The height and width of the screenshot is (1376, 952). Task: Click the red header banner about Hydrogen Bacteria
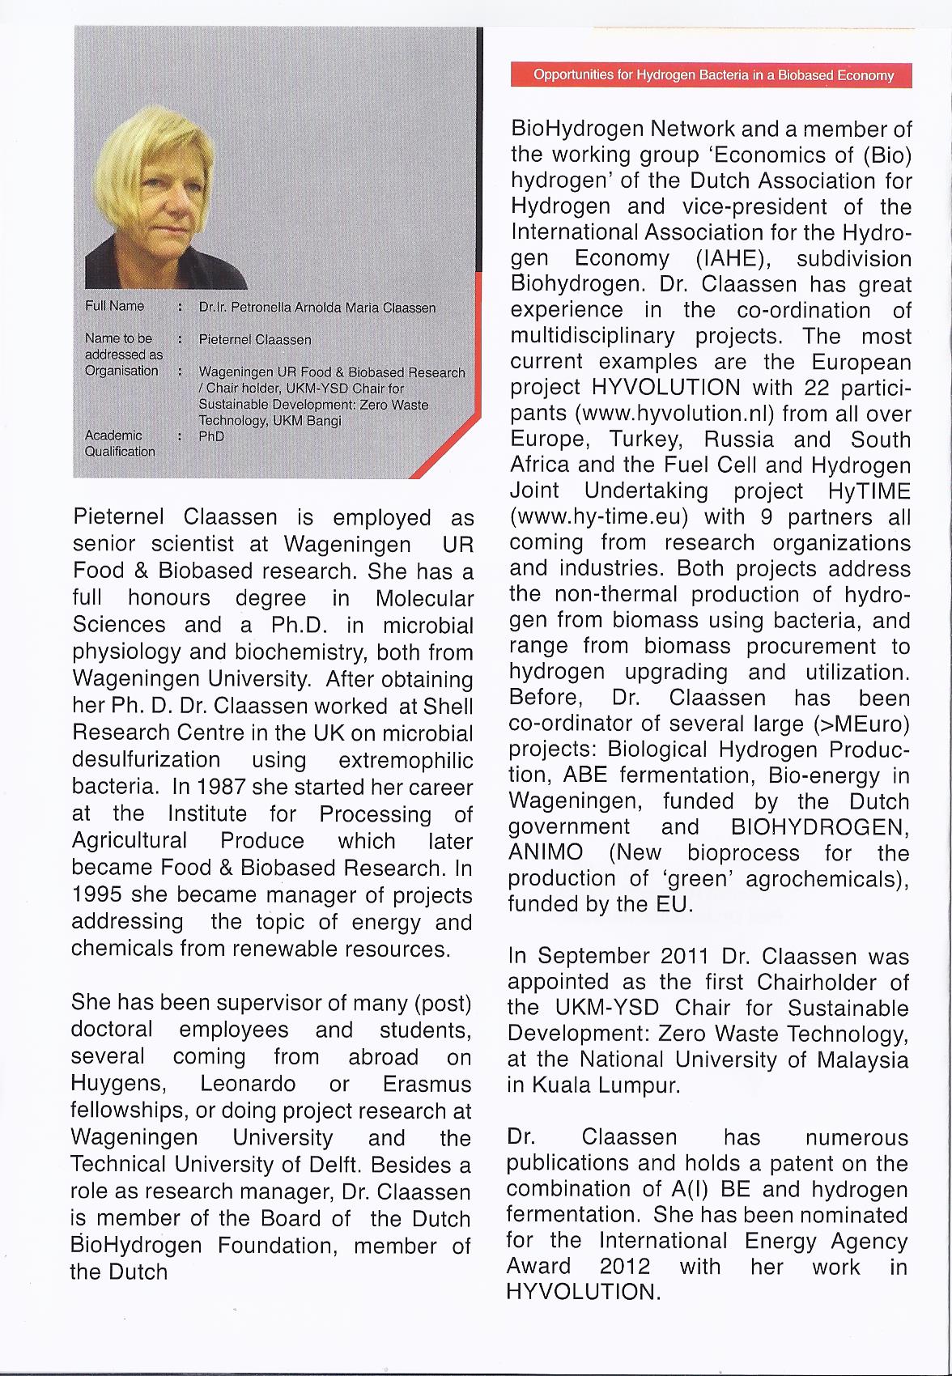tap(712, 75)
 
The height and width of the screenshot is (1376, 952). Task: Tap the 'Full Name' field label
tap(114, 306)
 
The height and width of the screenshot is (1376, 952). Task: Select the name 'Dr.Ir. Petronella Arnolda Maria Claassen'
tap(317, 308)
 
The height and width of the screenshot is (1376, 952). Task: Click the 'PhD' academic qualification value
tap(211, 436)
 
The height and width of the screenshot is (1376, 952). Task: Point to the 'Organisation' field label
tap(121, 371)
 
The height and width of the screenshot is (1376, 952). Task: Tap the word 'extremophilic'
tap(406, 760)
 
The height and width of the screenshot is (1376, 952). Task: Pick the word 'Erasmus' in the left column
tap(427, 1084)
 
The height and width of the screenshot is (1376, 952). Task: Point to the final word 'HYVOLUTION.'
tap(583, 1291)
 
